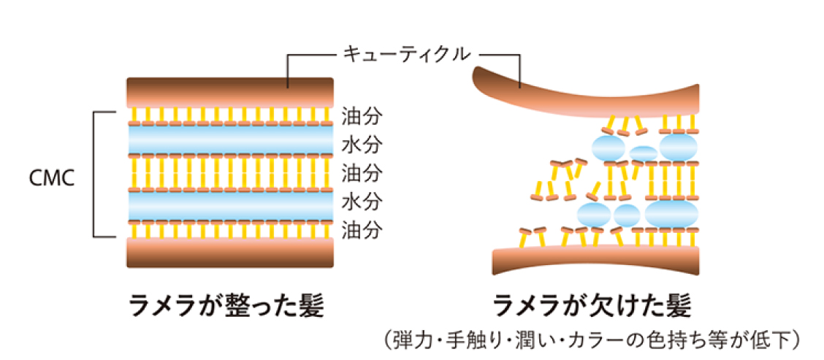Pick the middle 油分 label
(x=362, y=174)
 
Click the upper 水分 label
(x=362, y=145)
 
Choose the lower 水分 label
(x=362, y=202)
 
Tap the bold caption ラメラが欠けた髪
(x=592, y=305)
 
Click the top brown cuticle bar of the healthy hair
(x=229, y=93)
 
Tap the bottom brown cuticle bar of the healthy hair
(x=229, y=252)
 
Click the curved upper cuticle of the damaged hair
(x=584, y=95)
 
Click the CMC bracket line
(x=95, y=175)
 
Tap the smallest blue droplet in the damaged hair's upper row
(x=643, y=153)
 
